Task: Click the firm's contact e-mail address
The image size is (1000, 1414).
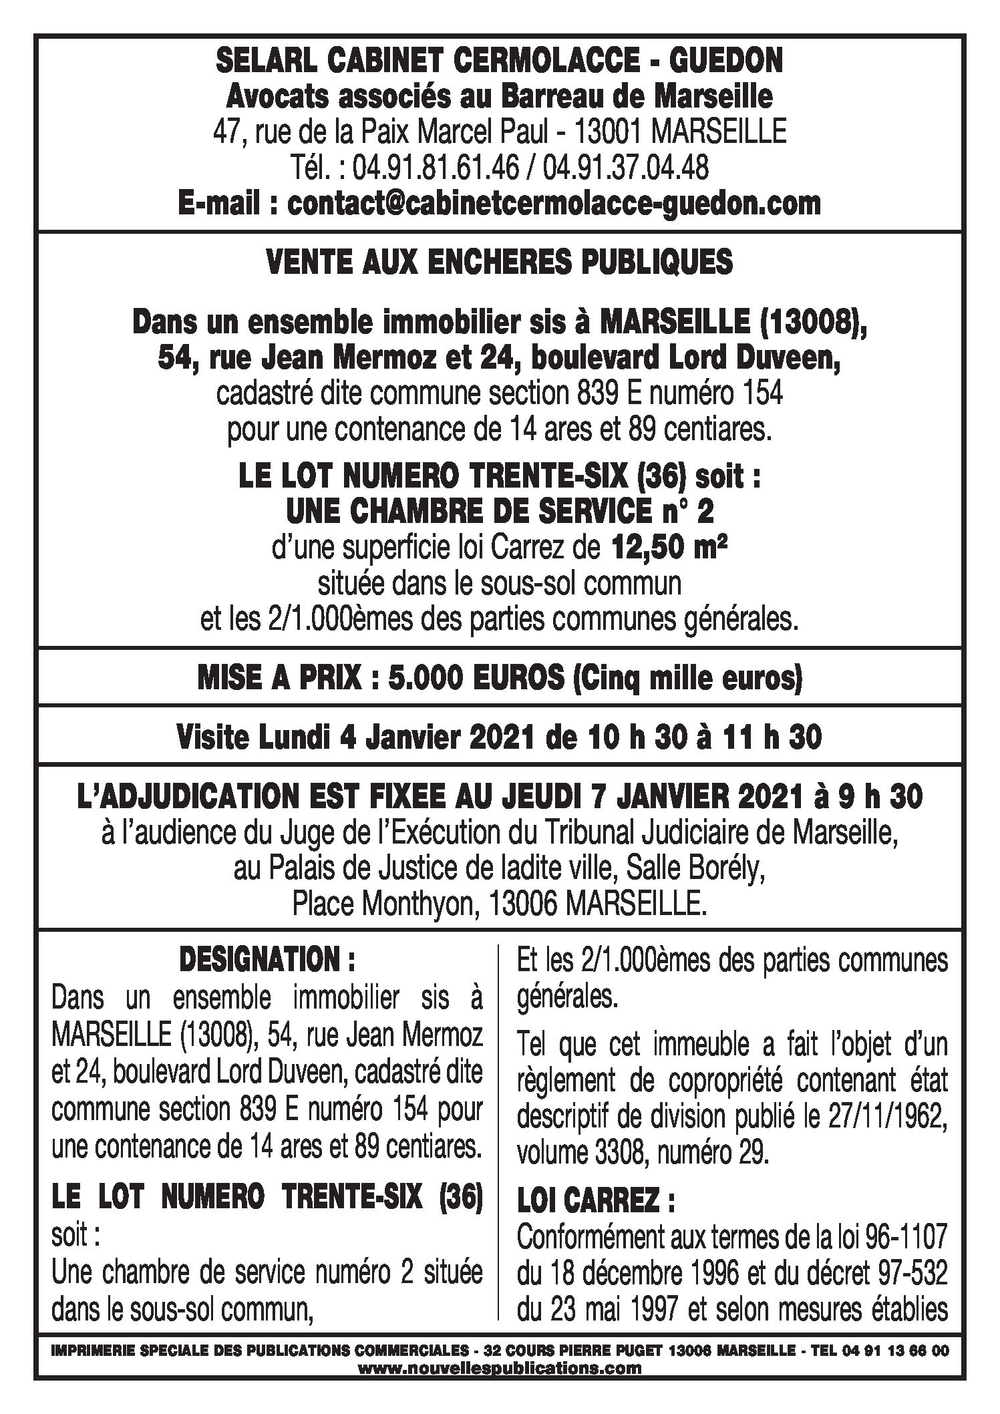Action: (554, 203)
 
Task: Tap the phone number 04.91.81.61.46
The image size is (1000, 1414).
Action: (435, 168)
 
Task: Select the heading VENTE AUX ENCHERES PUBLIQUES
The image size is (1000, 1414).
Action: (500, 262)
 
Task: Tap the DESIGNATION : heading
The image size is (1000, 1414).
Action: (267, 960)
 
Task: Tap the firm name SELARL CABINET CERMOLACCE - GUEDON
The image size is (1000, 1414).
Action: (500, 62)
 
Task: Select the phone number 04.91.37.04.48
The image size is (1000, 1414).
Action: (625, 168)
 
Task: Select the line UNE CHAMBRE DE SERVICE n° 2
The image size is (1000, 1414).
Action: (500, 513)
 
